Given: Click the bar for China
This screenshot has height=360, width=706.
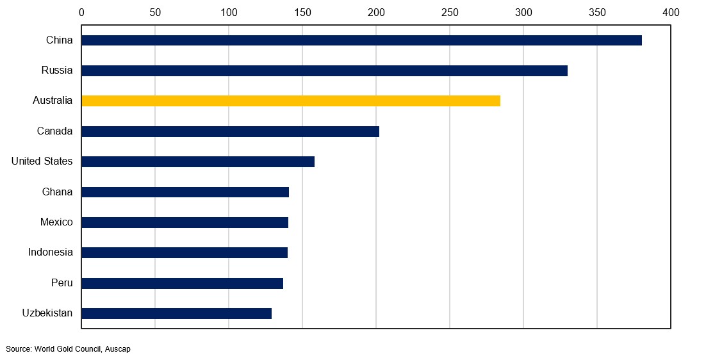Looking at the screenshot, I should [x=361, y=40].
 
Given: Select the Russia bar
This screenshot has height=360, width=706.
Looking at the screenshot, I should [x=324, y=70].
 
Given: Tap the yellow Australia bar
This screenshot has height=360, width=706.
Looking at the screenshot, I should [x=291, y=101].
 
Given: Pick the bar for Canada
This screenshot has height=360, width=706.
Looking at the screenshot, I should [x=230, y=131].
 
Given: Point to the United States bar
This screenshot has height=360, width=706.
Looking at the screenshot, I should [x=198, y=161].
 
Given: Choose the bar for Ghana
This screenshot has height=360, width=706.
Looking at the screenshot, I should [x=185, y=192].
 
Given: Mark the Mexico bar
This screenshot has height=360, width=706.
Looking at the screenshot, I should [x=185, y=222].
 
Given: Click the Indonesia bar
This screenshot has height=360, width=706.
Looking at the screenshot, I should [x=185, y=252].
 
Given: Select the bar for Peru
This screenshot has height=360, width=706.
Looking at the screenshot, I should [x=182, y=283].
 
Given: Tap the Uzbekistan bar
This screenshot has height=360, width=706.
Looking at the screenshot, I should [x=176, y=313].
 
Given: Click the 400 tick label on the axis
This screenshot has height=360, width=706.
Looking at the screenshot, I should [x=671, y=12].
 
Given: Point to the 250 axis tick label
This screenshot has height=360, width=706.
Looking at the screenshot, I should [x=450, y=12].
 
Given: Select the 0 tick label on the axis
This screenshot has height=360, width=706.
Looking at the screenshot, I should [x=81, y=12].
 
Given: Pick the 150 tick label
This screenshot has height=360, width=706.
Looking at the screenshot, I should [x=302, y=12].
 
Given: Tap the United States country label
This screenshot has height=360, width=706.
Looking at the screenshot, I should [x=42, y=161].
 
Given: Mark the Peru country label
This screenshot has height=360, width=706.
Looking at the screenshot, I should [x=62, y=283].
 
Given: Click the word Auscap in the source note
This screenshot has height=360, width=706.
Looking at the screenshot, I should [x=118, y=349].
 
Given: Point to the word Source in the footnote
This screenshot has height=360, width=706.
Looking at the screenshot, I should [x=19, y=349].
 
